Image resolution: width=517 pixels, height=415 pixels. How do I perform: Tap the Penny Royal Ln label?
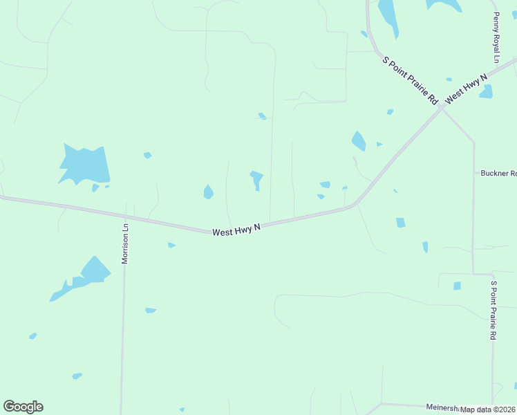(496, 38)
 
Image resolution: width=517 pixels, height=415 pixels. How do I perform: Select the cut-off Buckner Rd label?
(498, 173)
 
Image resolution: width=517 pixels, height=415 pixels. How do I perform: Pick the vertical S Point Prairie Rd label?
(493, 309)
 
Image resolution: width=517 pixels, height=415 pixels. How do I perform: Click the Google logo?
(23, 407)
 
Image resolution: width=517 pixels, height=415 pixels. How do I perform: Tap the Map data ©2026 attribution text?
(488, 409)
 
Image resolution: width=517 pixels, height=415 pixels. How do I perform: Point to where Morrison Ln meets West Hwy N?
(125, 217)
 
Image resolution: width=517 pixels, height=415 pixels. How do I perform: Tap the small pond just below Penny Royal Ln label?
(487, 91)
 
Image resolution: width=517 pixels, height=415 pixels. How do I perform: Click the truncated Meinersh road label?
(442, 409)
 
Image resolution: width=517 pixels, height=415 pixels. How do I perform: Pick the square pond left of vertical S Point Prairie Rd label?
(457, 286)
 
